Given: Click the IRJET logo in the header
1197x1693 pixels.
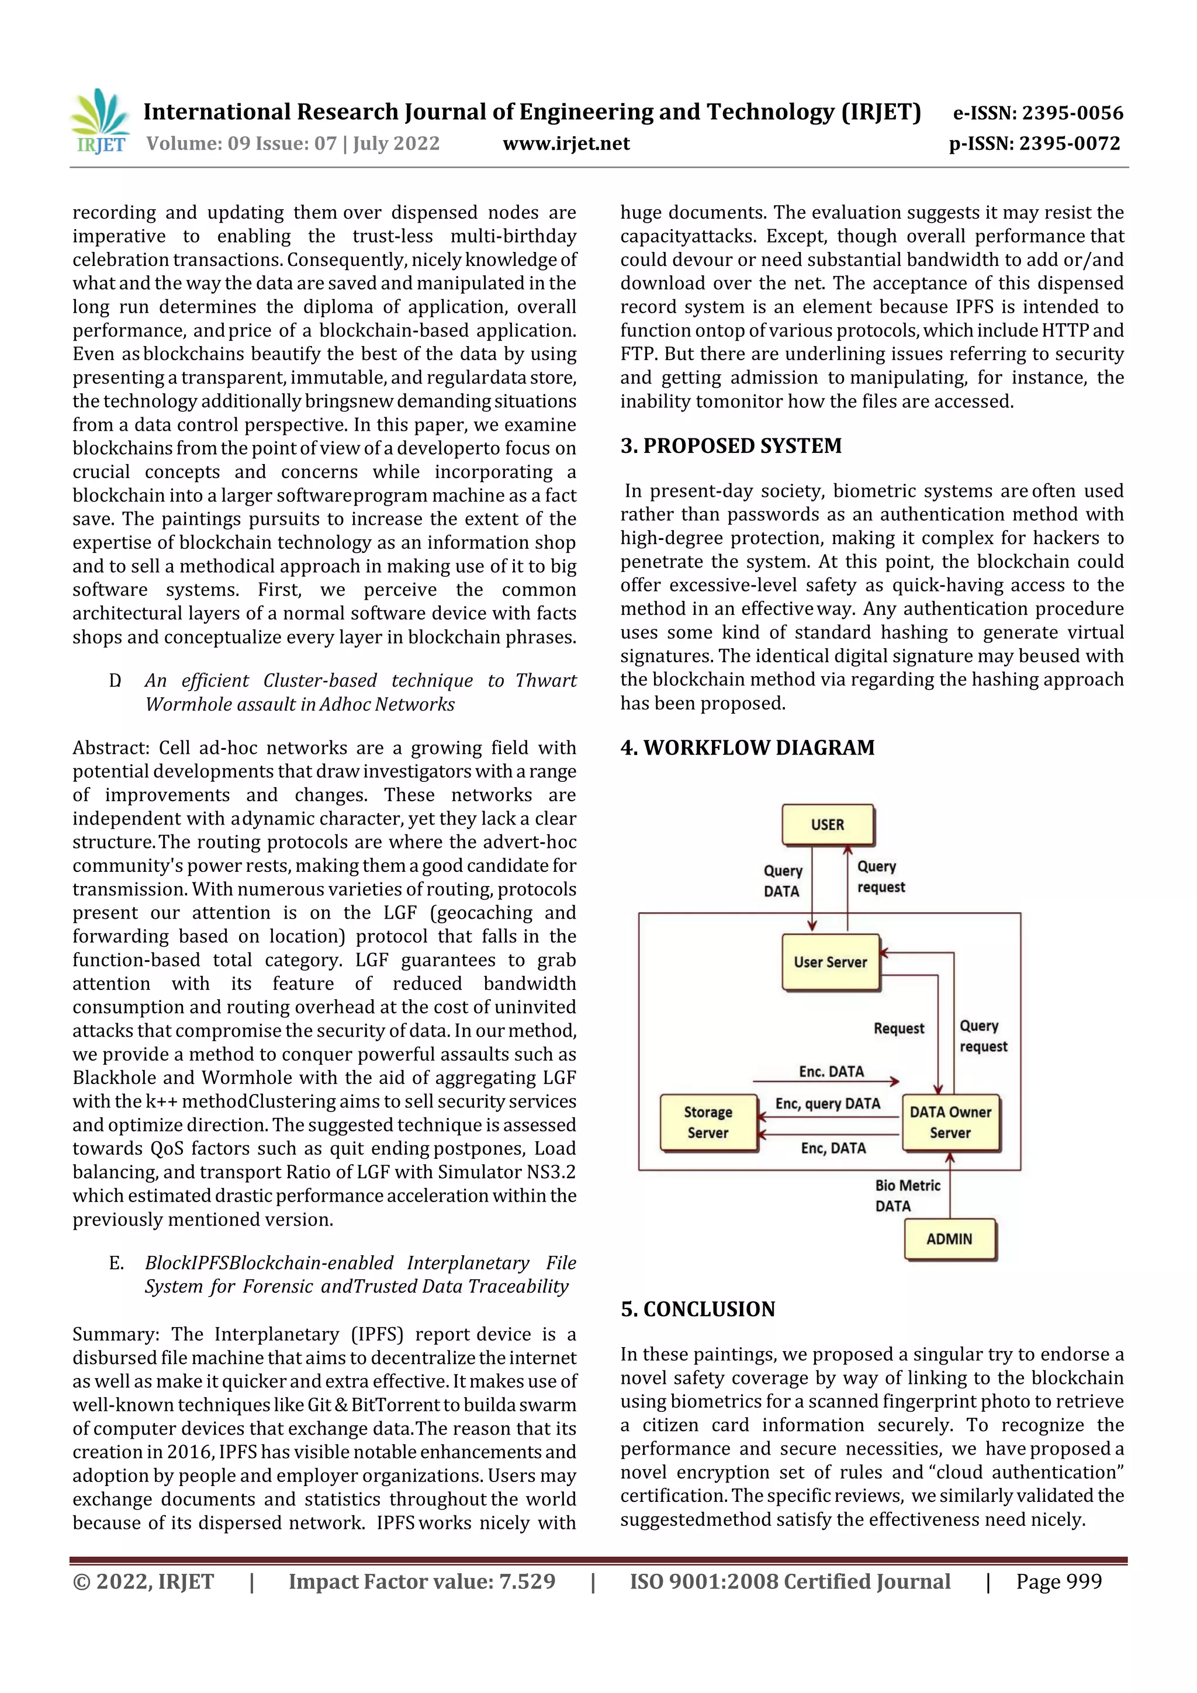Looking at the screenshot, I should coord(101,122).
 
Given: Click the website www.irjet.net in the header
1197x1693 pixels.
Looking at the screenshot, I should coord(566,144).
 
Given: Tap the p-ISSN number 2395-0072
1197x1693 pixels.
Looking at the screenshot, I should coord(1070,144).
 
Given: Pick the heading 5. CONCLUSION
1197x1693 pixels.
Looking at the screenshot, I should coord(698,1309).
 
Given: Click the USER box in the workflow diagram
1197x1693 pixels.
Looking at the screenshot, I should coord(828,825).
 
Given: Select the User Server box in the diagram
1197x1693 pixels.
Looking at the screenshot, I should coord(831,963).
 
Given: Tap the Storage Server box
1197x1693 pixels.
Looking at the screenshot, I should coord(708,1122).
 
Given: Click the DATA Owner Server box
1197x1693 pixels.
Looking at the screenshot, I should coord(950,1122).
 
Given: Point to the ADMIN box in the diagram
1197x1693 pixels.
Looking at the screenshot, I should coord(949,1240).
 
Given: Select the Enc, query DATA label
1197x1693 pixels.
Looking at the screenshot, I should coord(828,1104).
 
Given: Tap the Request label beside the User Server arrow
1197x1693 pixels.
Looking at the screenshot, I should coord(898,1029).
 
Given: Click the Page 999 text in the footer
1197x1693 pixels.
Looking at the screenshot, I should coord(1058,1581).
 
